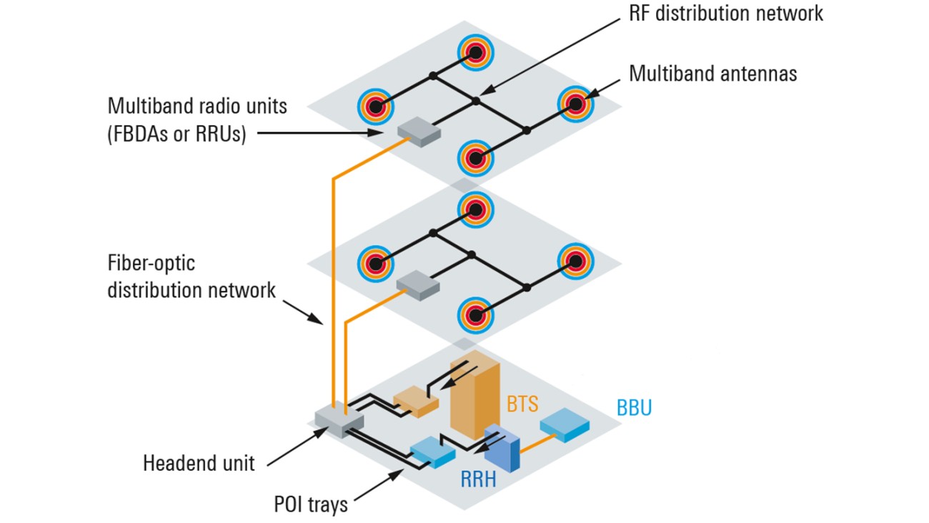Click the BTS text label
pos(522,404)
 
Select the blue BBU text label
pos(634,408)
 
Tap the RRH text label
pos(477,479)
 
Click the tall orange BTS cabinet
pos(474,397)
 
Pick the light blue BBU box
pos(564,425)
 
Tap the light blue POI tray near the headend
pos(432,452)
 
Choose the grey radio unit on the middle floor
pos(418,284)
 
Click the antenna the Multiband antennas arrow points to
pos(575,104)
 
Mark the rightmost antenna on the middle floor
pos(575,261)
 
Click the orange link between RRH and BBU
pos(537,443)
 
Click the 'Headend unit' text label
pos(199,463)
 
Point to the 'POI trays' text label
pos(311,504)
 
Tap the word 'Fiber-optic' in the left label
pos(151,263)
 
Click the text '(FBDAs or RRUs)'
pos(177,134)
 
